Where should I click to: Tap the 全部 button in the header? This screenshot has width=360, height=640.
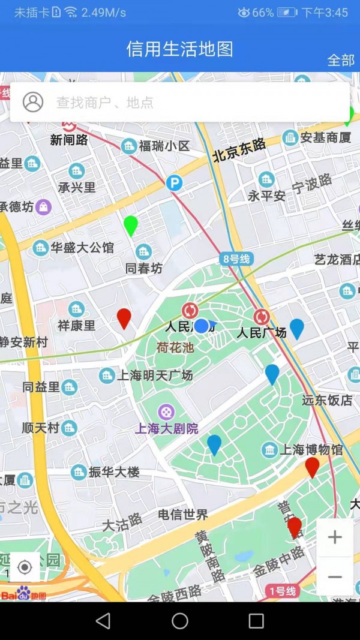click(x=340, y=60)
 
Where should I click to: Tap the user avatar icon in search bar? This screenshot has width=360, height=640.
click(x=33, y=102)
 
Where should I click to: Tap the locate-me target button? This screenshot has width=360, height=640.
click(x=25, y=567)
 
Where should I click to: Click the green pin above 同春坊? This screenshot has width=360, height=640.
click(x=131, y=226)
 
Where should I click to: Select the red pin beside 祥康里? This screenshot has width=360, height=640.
click(x=124, y=318)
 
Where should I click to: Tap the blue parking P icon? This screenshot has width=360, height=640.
click(x=174, y=182)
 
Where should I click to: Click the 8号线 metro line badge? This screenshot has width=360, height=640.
click(x=236, y=259)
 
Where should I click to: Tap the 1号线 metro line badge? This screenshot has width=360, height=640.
click(x=281, y=591)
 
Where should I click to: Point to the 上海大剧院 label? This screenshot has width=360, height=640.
click(x=166, y=428)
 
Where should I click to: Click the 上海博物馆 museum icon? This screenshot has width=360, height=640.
click(x=269, y=450)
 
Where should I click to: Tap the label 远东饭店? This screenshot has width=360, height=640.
click(x=327, y=400)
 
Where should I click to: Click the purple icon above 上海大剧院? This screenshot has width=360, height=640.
click(x=166, y=412)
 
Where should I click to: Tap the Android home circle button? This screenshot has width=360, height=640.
click(x=180, y=621)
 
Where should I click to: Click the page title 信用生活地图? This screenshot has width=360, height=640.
click(x=179, y=49)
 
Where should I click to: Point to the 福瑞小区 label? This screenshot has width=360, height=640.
click(x=164, y=146)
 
